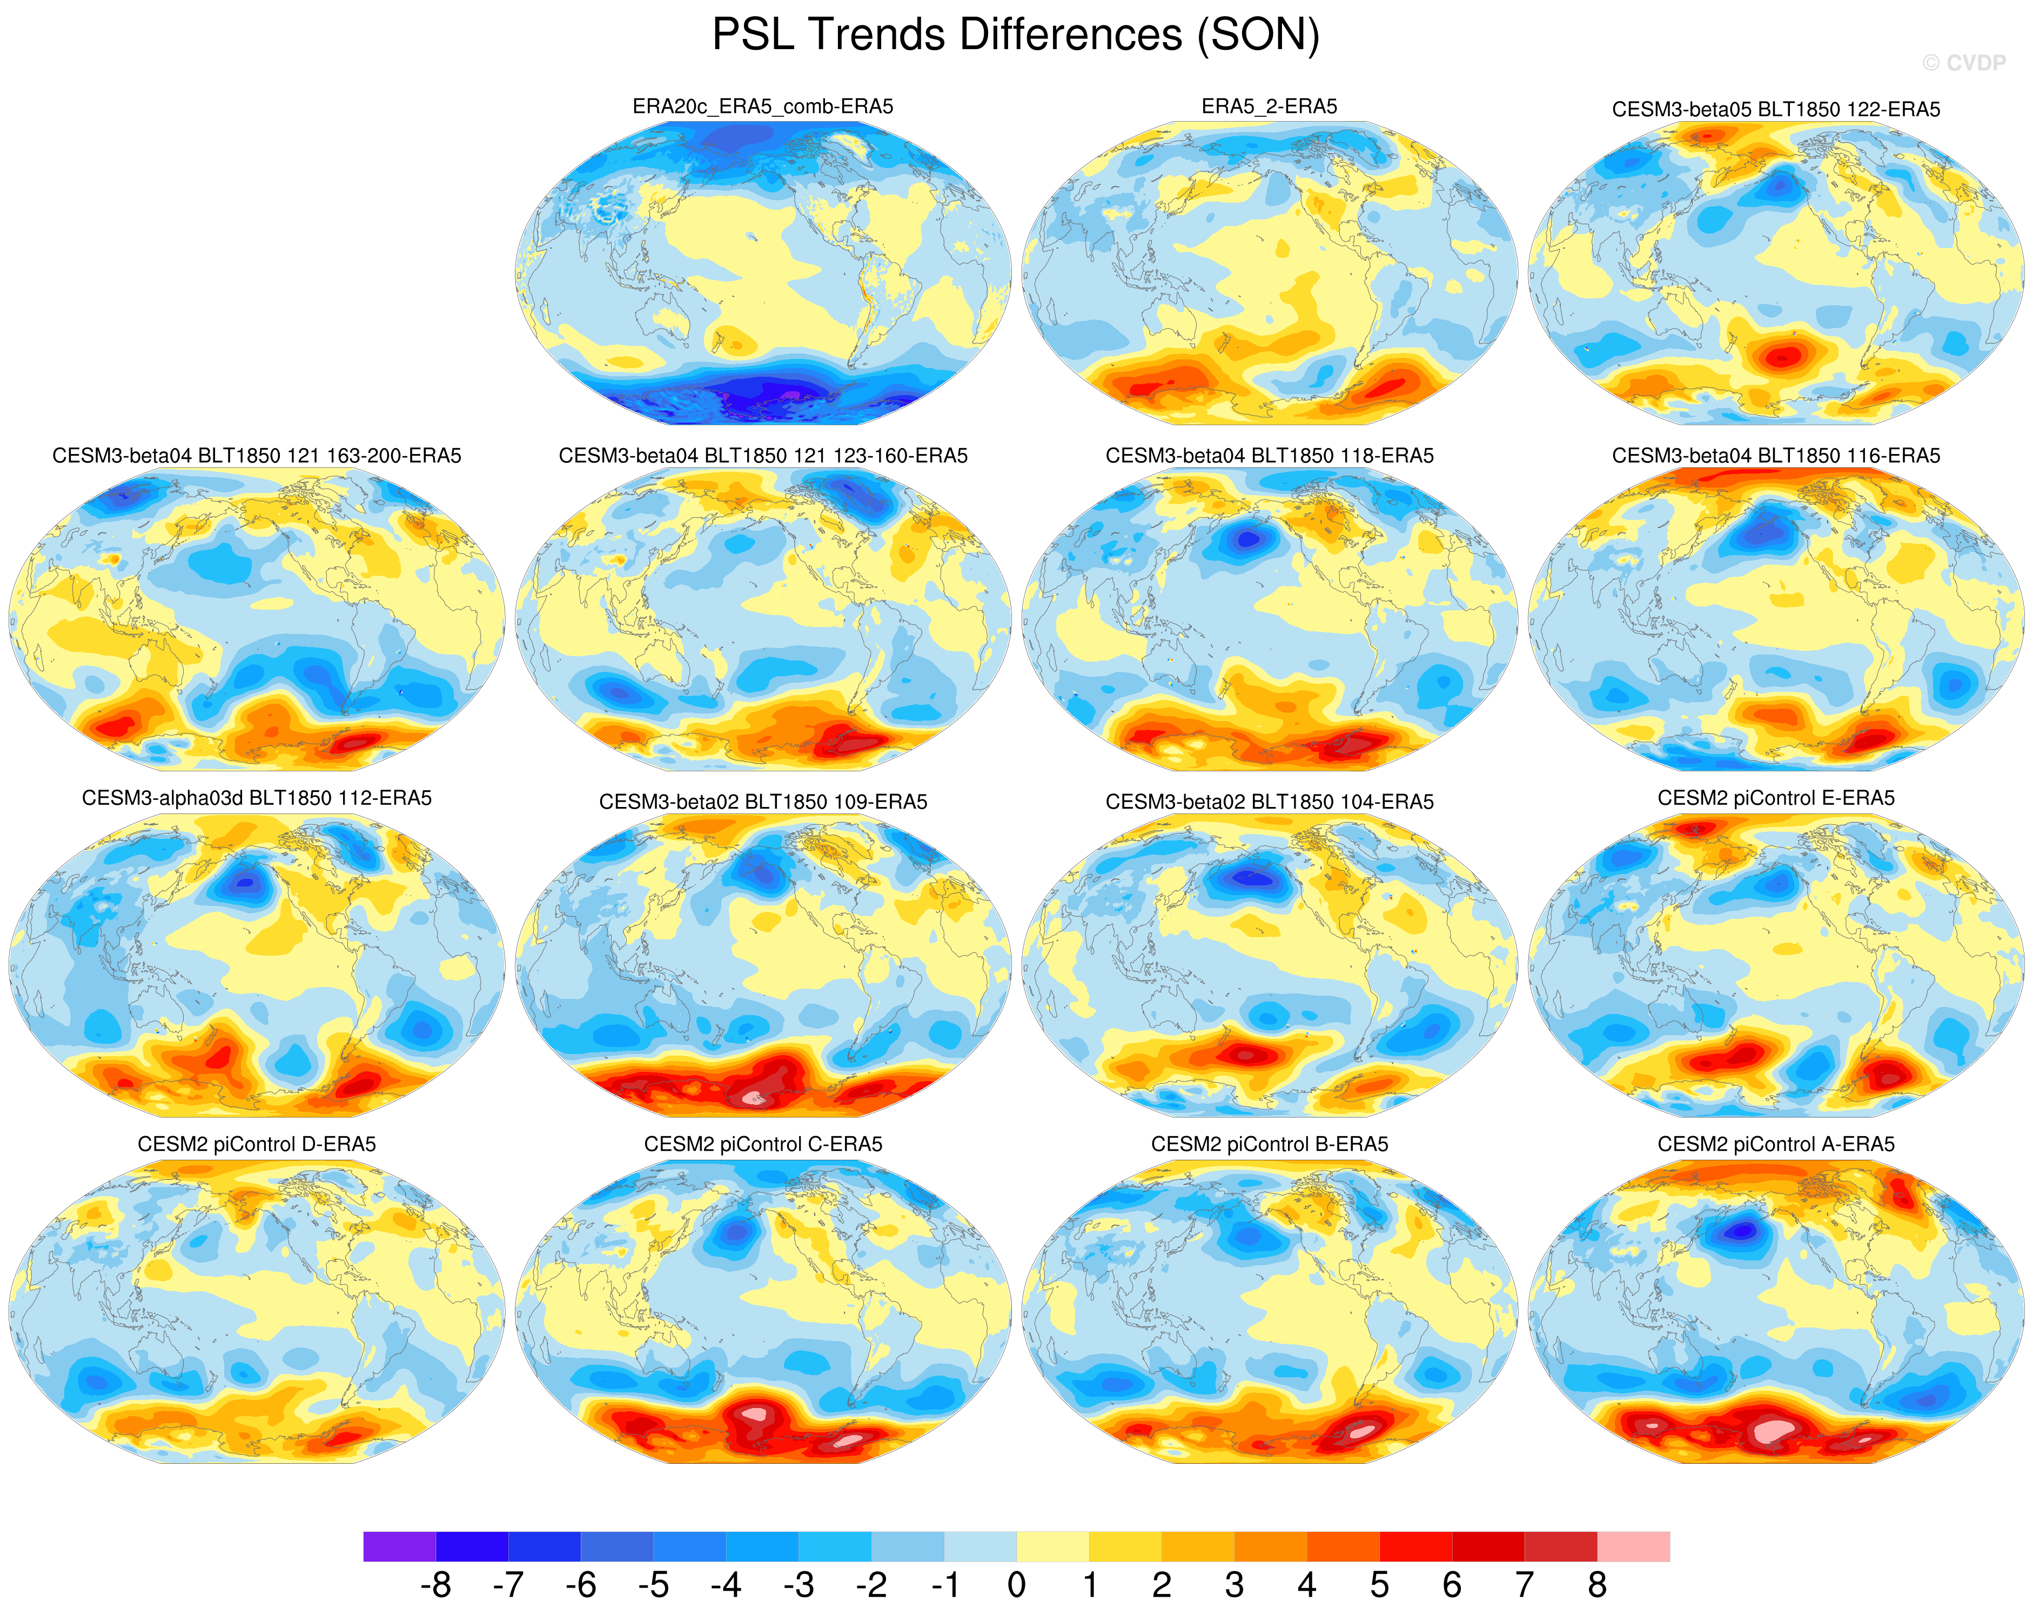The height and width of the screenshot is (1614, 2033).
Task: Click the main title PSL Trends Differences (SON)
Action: tap(1016, 35)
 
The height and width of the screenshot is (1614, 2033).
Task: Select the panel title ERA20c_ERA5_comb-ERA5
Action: tap(763, 106)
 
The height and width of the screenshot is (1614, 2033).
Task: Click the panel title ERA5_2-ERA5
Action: tap(1269, 106)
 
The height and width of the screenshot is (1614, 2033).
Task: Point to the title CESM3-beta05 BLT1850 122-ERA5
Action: tap(1776, 109)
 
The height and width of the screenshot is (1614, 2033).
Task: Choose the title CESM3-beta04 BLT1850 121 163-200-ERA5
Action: tap(257, 456)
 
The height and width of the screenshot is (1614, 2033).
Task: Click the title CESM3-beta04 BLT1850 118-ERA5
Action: tap(1269, 456)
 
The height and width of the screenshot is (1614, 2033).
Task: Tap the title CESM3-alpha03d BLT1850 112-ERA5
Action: tap(257, 798)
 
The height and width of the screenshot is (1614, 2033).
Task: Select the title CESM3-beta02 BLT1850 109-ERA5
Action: tap(763, 802)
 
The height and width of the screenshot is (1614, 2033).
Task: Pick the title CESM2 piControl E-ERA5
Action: tap(1776, 798)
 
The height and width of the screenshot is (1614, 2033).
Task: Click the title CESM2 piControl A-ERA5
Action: tap(1776, 1144)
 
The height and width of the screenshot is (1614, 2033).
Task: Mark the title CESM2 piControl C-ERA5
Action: tap(763, 1144)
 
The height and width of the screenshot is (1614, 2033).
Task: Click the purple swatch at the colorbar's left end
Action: tap(399, 1546)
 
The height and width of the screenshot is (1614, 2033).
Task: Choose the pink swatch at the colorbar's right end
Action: tap(1633, 1546)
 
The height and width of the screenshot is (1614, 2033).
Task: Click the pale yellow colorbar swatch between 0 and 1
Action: tap(1052, 1546)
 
